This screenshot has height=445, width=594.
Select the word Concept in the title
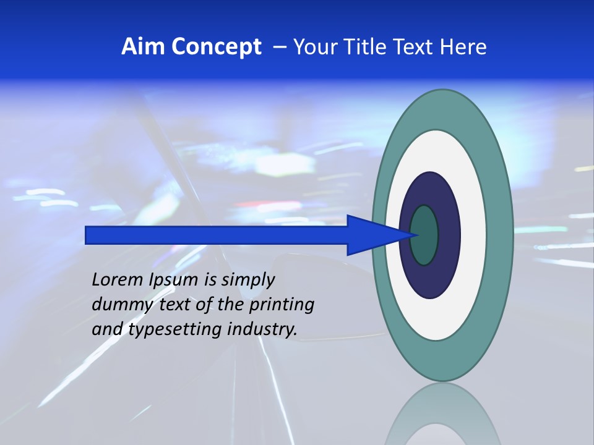coord(217,47)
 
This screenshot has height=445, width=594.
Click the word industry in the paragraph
coord(262,329)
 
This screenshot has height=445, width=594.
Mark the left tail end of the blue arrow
coord(88,235)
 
